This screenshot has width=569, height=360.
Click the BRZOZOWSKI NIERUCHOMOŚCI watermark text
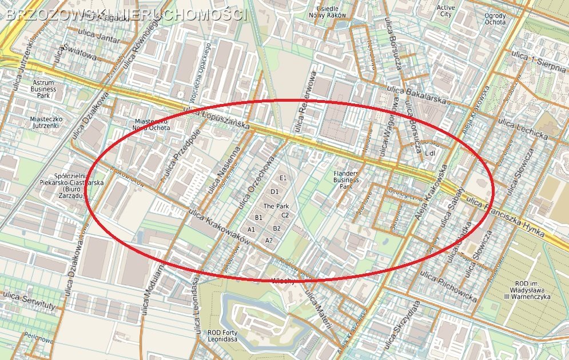click(x=126, y=15)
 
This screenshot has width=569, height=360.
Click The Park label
click(x=276, y=206)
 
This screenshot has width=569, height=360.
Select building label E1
click(x=282, y=178)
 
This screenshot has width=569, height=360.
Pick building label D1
click(x=274, y=192)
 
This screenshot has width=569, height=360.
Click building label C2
click(x=285, y=215)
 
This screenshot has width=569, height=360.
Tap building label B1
click(x=258, y=218)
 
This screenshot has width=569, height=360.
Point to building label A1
click(x=251, y=229)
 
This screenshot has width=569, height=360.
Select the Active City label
click(x=445, y=11)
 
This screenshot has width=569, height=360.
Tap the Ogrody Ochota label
click(x=495, y=19)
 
